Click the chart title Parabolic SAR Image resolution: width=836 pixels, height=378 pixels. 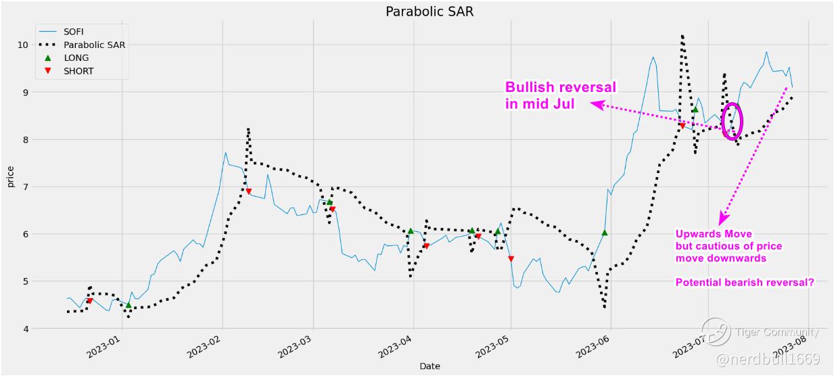point(426,11)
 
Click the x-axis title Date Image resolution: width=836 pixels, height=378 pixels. point(429,367)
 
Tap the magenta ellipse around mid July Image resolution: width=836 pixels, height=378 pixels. point(733,120)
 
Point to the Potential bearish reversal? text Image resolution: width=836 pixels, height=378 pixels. point(744,283)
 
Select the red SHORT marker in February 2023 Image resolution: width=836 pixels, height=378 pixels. point(248,192)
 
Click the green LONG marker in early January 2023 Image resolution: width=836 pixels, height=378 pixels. point(129,306)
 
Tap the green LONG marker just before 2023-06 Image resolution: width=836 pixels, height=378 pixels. point(604,233)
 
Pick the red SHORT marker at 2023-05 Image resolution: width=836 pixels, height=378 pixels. point(511,259)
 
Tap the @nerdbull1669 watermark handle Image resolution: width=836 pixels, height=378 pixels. point(768,358)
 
